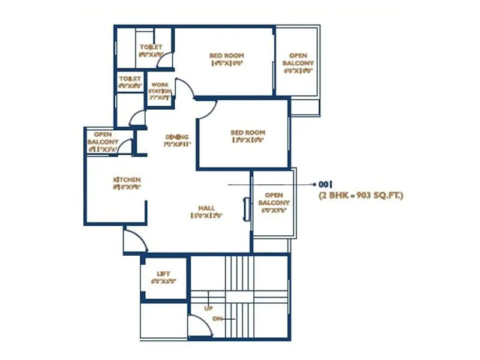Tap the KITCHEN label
[x=127, y=180]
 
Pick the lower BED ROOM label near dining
[x=247, y=133]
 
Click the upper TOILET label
[x=151, y=47]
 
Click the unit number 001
[x=326, y=184]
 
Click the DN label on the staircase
[x=217, y=319]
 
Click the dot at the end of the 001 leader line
[x=314, y=184]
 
